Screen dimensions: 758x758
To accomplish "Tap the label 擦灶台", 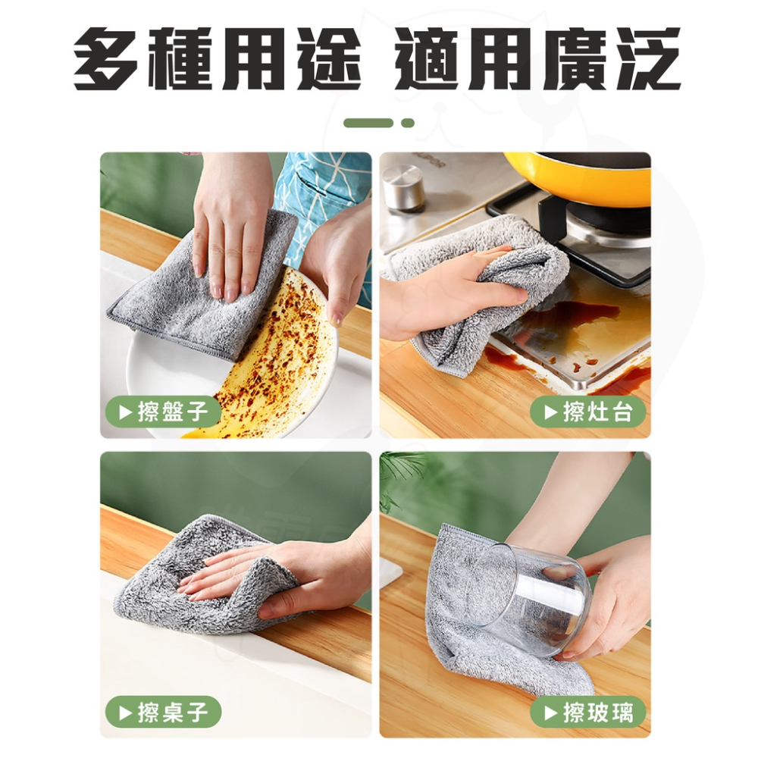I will pos(587,412).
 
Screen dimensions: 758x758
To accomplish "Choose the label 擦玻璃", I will pos(587,712).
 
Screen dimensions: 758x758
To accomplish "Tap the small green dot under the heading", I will pos(408,123).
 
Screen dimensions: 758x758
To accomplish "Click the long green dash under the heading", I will pos(368,123).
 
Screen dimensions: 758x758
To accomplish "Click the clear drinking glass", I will pos(534,599).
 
